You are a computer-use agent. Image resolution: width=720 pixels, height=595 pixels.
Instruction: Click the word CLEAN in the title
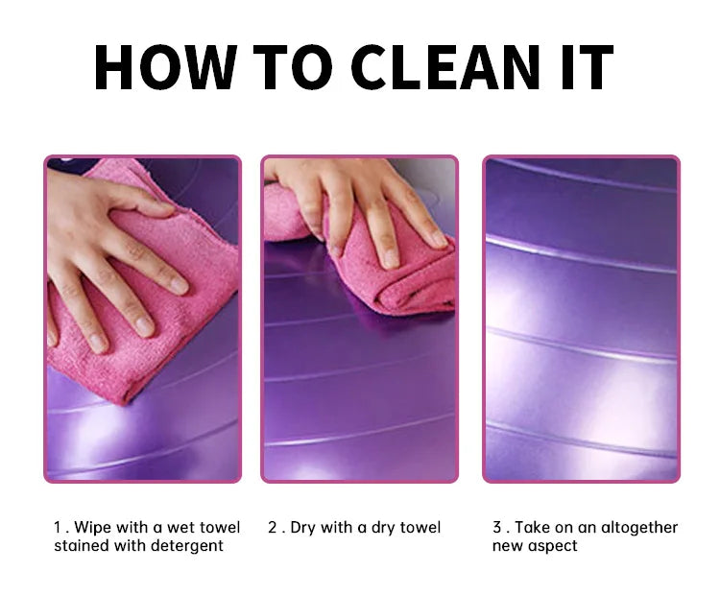444,67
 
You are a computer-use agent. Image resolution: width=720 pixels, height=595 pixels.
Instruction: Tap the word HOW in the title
166,67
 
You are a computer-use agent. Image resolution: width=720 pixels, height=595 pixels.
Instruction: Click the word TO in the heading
293,67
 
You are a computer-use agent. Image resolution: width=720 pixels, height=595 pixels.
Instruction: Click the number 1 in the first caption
58,527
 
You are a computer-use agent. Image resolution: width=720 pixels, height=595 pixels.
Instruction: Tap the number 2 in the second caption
273,527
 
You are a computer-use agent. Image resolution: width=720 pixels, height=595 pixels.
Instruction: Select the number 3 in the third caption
497,527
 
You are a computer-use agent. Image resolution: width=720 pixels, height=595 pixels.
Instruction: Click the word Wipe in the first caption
92,528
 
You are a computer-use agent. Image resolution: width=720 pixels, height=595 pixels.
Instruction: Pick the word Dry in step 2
302,528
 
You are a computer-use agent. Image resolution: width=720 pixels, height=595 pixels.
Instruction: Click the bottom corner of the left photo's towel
123,404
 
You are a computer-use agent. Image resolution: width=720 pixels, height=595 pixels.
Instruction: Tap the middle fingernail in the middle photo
391,259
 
